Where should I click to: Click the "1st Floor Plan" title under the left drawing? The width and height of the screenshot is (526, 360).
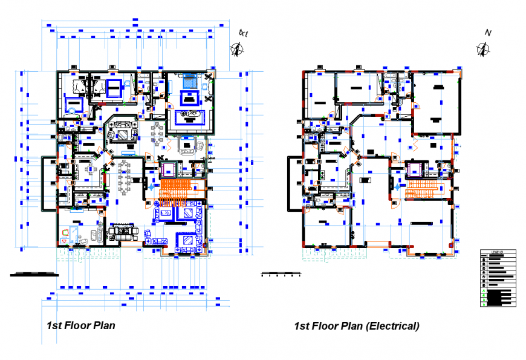click(x=80, y=326)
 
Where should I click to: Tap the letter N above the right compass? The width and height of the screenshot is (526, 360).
click(x=487, y=33)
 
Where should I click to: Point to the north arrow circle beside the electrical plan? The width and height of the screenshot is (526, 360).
click(x=482, y=50)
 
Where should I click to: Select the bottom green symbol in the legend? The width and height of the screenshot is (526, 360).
click(x=484, y=304)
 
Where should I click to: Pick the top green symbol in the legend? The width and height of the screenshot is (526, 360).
click(x=484, y=292)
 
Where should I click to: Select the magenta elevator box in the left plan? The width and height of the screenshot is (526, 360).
click(x=167, y=170)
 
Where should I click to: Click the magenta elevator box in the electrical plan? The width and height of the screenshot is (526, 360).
click(x=415, y=170)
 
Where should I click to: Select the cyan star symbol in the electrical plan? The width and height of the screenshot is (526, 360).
click(x=395, y=188)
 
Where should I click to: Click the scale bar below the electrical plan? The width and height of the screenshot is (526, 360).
click(x=281, y=275)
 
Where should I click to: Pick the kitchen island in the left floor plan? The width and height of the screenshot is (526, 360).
click(x=91, y=169)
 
